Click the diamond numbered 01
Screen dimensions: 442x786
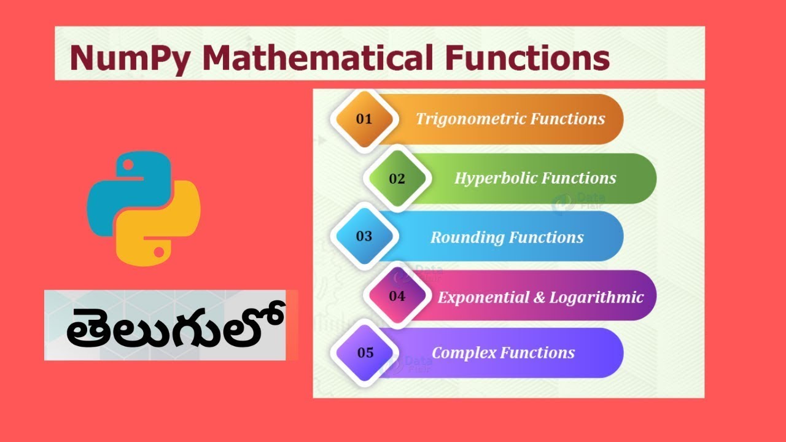[364, 119]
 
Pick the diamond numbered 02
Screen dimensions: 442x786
[397, 179]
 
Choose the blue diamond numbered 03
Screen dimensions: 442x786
[364, 236]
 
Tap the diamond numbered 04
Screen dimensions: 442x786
[397, 296]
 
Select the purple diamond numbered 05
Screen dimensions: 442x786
[365, 353]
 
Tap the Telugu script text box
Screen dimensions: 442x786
[166, 325]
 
